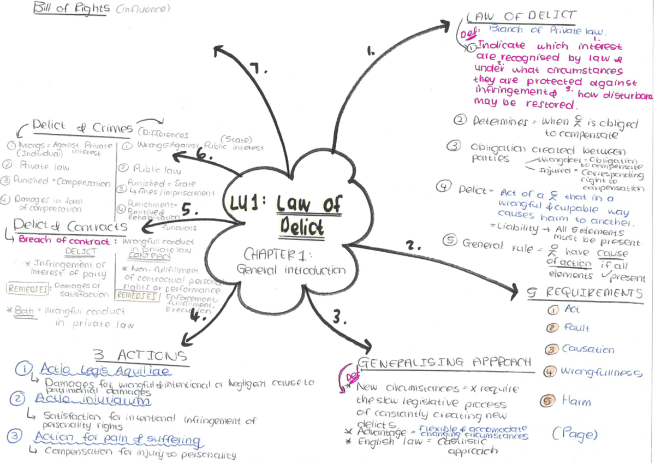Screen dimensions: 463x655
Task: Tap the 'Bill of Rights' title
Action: [70, 9]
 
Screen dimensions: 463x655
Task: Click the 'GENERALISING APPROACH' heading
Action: [444, 363]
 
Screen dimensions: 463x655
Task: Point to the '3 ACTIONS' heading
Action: [141, 356]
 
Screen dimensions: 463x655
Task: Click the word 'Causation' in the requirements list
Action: [588, 349]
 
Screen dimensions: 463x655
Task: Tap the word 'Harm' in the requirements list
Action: [576, 401]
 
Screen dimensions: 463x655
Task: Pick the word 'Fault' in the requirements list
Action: [576, 328]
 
